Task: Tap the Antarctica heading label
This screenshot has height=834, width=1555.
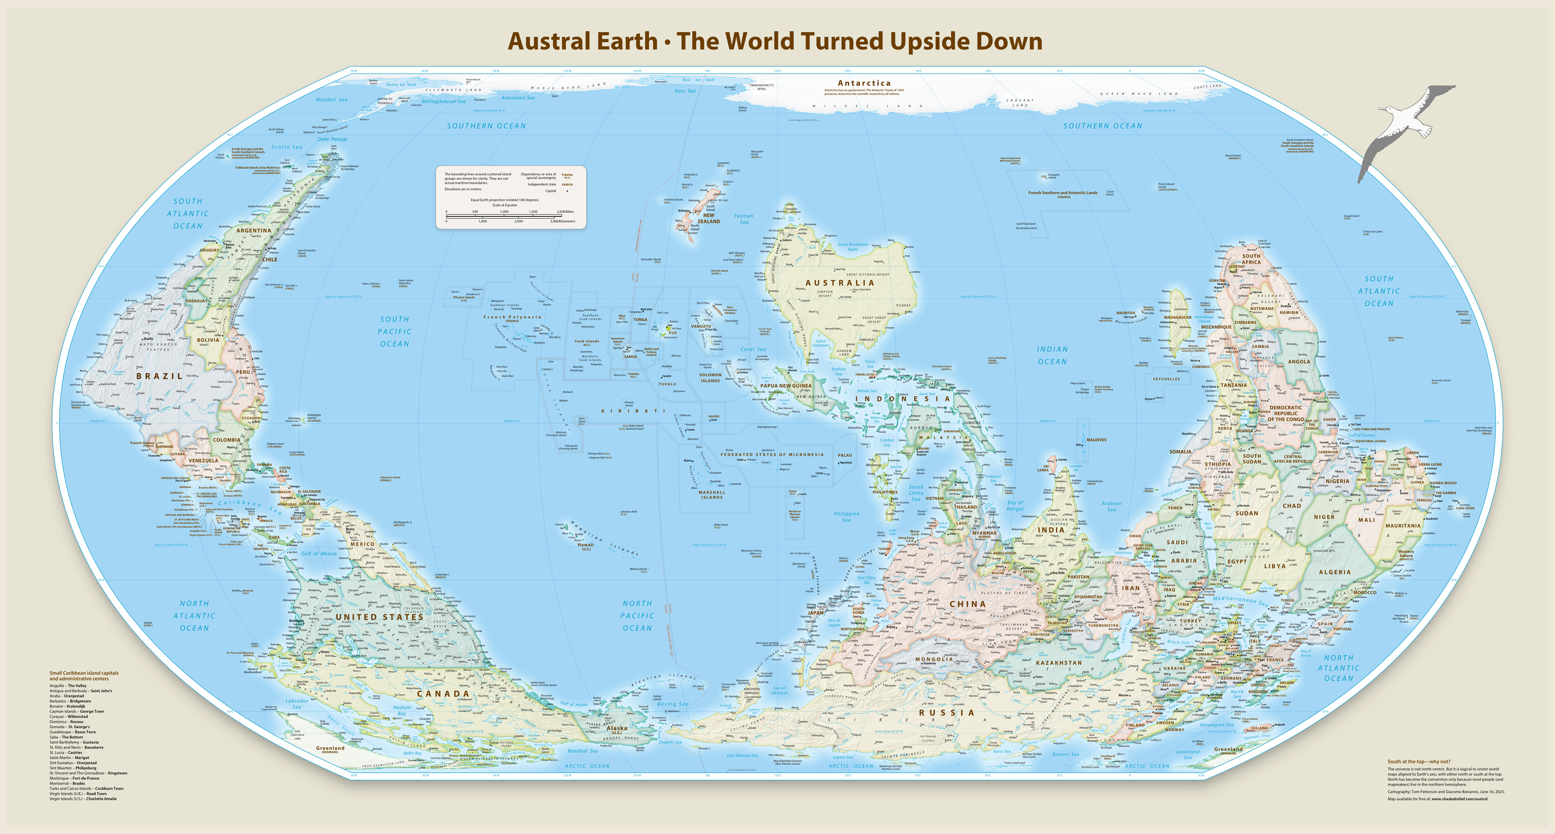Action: [x=864, y=83]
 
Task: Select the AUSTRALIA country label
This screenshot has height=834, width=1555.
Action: [x=840, y=283]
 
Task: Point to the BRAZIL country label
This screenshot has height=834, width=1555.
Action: [x=159, y=376]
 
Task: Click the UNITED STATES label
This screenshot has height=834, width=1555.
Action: [x=379, y=617]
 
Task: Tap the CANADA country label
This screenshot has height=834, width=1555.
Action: [x=443, y=694]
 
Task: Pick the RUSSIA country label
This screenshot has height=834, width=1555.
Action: [x=947, y=712]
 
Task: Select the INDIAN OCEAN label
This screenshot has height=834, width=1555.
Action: [x=1052, y=355]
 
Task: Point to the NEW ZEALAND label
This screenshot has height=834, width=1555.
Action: [x=708, y=218]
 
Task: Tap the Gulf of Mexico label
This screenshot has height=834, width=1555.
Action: [x=319, y=553]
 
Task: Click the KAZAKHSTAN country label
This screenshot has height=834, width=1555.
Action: [x=1059, y=662]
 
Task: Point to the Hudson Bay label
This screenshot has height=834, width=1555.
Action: [x=401, y=710]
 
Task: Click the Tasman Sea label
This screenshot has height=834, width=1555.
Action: [x=743, y=219]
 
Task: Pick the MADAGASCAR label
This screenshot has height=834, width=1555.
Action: [x=1177, y=317]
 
